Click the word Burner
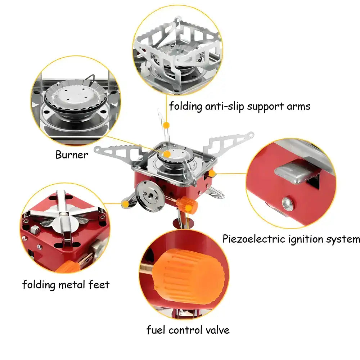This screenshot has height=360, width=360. pyautogui.click(x=71, y=155)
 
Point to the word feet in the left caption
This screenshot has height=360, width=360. pyautogui.click(x=99, y=285)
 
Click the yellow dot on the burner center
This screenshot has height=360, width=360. pyautogui.click(x=166, y=154)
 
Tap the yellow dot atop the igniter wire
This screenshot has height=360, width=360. pyautogui.click(x=166, y=125)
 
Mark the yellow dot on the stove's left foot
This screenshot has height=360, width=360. pyautogui.click(x=125, y=204)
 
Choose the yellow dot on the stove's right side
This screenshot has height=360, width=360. pyautogui.click(x=212, y=174)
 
